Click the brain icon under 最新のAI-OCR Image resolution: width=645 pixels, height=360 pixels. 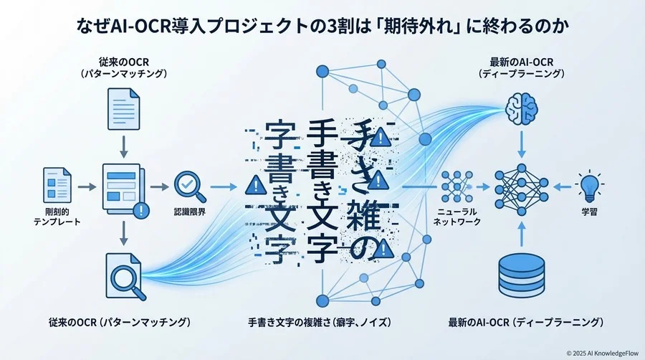pos(521,109)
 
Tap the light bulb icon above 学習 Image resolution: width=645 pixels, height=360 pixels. pos(589,186)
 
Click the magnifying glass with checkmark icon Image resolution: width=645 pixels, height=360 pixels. pos(190,186)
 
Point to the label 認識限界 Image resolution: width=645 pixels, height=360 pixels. pos(190,213)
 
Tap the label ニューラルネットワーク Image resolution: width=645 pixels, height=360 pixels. pos(457,217)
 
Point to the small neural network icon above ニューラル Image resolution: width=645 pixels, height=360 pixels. pos(457,186)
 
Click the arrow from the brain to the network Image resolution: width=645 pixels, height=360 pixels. pos(521,146)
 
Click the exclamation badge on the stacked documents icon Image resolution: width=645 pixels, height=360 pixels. pos(142,210)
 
